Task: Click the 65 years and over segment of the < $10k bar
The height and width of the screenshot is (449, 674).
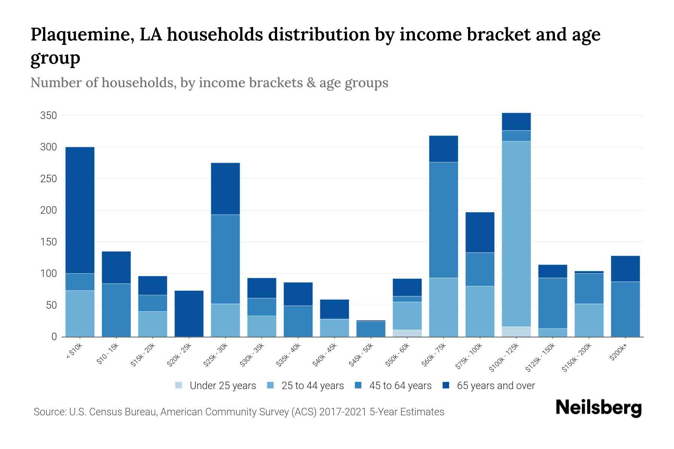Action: pyautogui.click(x=80, y=210)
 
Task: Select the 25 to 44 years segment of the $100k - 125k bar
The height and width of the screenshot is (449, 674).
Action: pyautogui.click(x=516, y=233)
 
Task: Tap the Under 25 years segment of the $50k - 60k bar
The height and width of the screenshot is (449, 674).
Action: pyautogui.click(x=407, y=333)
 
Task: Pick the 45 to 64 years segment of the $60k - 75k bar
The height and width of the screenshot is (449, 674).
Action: pyautogui.click(x=443, y=220)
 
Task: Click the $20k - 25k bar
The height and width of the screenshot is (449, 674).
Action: pyautogui.click(x=189, y=314)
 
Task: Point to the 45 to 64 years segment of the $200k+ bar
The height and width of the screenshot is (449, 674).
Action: pyautogui.click(x=625, y=309)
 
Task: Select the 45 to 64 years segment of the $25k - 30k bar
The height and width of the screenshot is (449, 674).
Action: pyautogui.click(x=225, y=259)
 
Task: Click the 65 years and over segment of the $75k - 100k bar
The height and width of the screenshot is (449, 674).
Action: pyautogui.click(x=480, y=232)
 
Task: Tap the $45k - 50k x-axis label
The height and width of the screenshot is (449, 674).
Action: pyautogui.click(x=362, y=354)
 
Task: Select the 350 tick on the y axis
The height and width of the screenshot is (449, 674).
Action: pyautogui.click(x=48, y=116)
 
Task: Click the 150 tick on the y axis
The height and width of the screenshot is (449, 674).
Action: pyautogui.click(x=48, y=242)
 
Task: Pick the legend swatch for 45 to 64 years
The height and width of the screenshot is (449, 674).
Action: pyautogui.click(x=358, y=385)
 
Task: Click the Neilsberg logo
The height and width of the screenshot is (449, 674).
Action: pyautogui.click(x=598, y=408)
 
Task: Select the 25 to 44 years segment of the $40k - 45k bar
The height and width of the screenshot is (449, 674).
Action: pyautogui.click(x=334, y=328)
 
